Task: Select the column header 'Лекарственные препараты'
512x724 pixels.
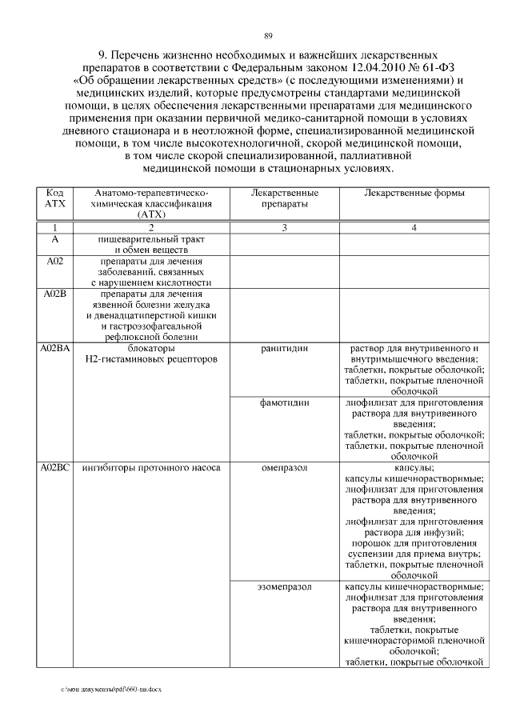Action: click(x=285, y=198)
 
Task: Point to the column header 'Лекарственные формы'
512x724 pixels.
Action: click(x=414, y=193)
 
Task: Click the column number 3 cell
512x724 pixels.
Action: click(x=285, y=228)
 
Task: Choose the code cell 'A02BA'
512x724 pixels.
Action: click(x=55, y=350)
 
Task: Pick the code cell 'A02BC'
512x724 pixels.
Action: click(x=55, y=466)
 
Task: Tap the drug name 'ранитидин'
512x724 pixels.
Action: click(x=285, y=350)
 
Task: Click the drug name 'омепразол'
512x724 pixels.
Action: click(x=285, y=466)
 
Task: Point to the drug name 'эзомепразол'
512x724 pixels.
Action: click(x=285, y=586)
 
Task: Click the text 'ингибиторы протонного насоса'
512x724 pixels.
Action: click(x=150, y=466)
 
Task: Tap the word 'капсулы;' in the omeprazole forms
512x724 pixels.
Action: click(x=414, y=466)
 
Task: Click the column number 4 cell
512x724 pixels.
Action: click(x=414, y=228)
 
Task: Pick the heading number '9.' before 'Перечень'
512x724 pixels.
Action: click(x=103, y=54)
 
